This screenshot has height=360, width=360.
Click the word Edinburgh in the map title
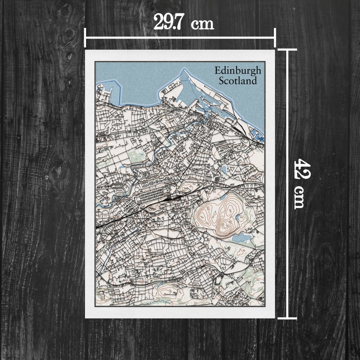[238, 71]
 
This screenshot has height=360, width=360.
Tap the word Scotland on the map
[238, 81]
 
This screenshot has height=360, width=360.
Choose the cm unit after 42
[298, 197]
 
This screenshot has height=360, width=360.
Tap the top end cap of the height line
[287, 49]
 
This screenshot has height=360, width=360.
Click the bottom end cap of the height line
[287, 318]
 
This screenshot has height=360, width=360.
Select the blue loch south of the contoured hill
[241, 237]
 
